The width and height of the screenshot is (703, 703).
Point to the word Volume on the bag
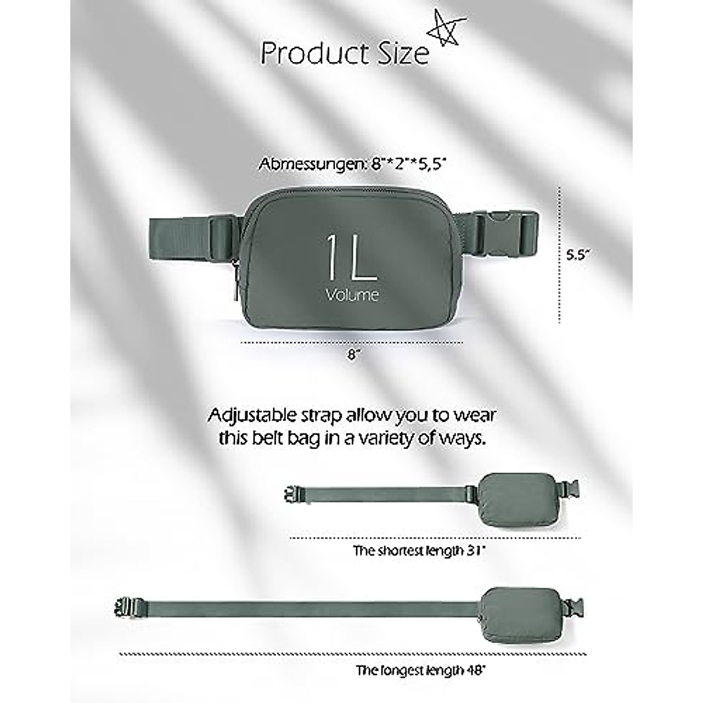(x=351, y=295)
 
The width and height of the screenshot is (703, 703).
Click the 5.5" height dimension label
(x=578, y=255)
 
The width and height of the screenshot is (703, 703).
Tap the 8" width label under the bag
(x=351, y=355)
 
